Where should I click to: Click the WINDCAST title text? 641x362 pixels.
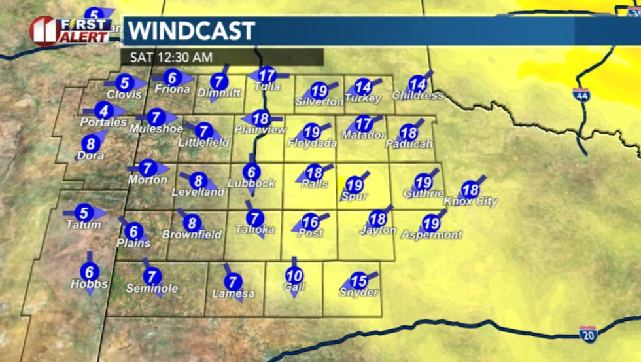tap(190, 31)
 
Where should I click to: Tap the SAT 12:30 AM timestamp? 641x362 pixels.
tap(171, 57)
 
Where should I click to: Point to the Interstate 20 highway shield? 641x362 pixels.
tap(587, 335)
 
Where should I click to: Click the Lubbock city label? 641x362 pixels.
tap(252, 183)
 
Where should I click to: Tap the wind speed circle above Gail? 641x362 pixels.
tap(294, 276)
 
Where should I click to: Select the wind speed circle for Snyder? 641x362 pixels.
tap(358, 281)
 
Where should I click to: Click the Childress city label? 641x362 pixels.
tap(418, 96)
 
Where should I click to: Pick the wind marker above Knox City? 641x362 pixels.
tap(470, 190)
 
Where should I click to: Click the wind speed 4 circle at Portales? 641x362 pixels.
tap(103, 111)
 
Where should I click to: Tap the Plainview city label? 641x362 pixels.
tap(260, 130)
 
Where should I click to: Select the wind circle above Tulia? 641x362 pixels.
tap(266, 75)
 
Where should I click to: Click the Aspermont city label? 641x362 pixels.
tap(432, 234)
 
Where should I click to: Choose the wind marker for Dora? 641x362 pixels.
tap(90, 143)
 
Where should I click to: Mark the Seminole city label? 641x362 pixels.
tap(152, 288)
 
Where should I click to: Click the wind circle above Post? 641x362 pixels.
tap(311, 221)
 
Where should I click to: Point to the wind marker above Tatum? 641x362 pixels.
tap(84, 213)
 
